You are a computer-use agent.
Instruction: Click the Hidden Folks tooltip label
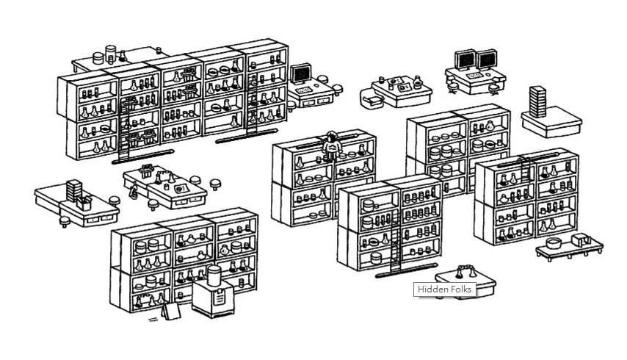click(445, 289)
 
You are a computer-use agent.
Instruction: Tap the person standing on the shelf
click(331, 145)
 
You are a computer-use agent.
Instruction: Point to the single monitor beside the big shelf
click(302, 74)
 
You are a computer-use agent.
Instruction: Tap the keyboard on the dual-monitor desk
click(474, 75)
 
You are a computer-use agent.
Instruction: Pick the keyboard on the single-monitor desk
click(302, 88)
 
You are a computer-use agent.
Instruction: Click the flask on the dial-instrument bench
click(417, 82)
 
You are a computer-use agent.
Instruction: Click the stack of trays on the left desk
click(73, 187)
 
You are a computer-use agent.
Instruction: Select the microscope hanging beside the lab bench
click(133, 193)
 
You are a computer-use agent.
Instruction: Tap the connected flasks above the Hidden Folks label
click(464, 270)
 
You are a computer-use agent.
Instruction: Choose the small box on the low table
click(582, 239)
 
